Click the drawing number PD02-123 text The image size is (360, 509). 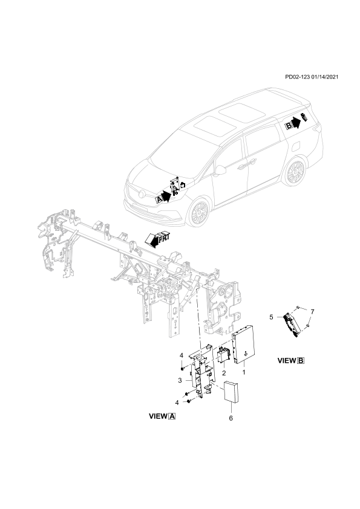(x=297, y=77)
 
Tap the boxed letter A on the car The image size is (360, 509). (x=159, y=199)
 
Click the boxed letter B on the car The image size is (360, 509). (x=289, y=126)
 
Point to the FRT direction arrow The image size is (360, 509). (x=157, y=239)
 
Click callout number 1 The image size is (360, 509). (x=244, y=372)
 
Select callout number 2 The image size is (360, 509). (x=224, y=374)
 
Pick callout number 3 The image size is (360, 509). (x=179, y=380)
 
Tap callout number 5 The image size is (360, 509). (x=271, y=317)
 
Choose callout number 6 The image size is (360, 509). (x=231, y=418)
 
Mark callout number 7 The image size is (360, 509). (x=312, y=312)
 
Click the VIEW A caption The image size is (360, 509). (x=162, y=416)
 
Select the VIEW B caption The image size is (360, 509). (x=291, y=361)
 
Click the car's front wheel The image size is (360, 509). (x=198, y=213)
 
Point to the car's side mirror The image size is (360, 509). (x=220, y=170)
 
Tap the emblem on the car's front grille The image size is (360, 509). (x=142, y=194)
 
